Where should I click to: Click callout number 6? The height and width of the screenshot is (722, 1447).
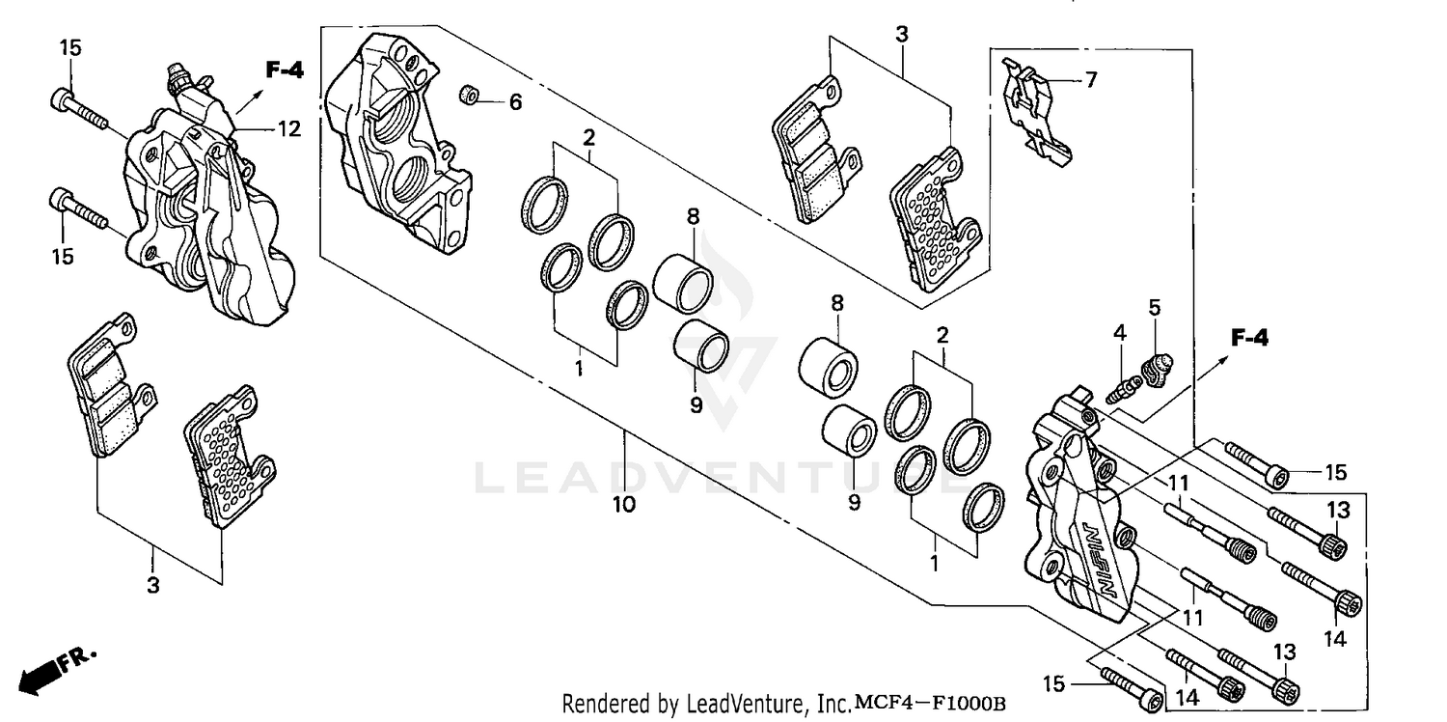(515, 101)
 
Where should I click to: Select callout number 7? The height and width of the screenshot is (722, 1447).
(1090, 80)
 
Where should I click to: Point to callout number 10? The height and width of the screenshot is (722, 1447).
(623, 504)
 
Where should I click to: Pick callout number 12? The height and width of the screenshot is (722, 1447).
(290, 128)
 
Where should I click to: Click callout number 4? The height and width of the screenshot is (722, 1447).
(1119, 333)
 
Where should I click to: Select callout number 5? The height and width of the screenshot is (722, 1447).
(1155, 308)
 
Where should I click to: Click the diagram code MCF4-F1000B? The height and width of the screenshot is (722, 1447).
(929, 704)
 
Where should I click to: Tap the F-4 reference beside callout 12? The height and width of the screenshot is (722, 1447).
(285, 69)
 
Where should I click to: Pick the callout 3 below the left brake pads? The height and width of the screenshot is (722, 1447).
(153, 585)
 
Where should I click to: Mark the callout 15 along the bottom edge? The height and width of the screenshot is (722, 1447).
(1053, 684)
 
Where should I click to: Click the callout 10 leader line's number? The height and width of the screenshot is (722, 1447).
(623, 504)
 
